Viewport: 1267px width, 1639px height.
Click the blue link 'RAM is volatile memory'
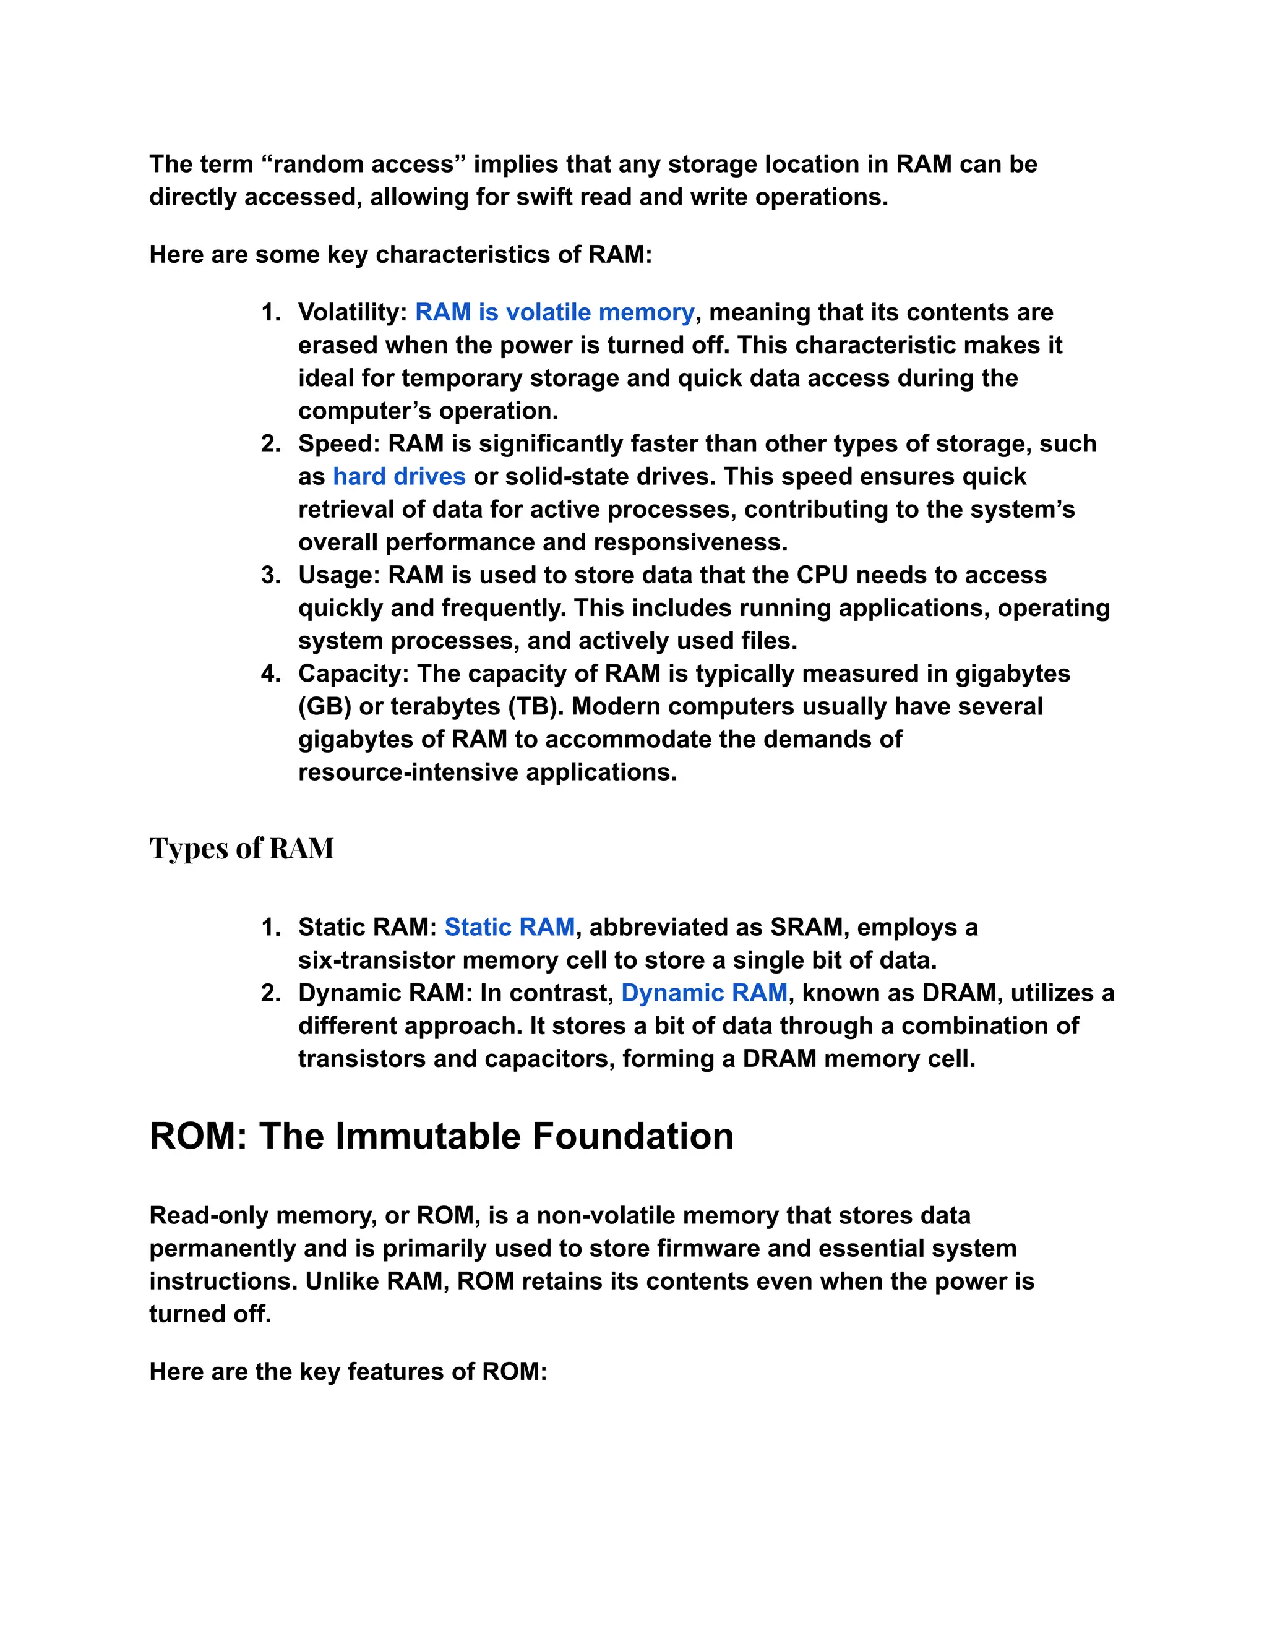(555, 312)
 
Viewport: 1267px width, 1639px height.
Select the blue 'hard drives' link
(398, 476)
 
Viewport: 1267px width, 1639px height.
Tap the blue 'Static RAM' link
(509, 927)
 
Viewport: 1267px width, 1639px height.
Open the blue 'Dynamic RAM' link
(704, 993)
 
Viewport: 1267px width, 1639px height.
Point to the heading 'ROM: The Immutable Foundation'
(441, 1136)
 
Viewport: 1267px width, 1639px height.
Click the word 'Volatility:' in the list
(352, 312)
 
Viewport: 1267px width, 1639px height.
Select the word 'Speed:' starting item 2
(338, 443)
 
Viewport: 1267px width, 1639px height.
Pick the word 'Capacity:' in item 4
(353, 674)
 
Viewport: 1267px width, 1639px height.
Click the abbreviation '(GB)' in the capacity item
(324, 707)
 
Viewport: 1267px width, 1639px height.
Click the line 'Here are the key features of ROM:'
(348, 1372)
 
